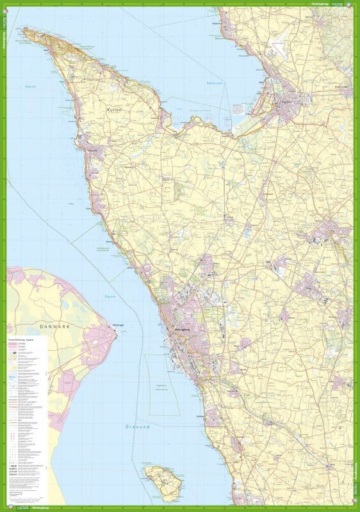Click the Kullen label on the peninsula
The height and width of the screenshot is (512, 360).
coord(117,109)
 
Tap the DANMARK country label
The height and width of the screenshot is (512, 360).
coord(45,326)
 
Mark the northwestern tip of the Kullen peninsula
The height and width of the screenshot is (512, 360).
coord(24,29)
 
